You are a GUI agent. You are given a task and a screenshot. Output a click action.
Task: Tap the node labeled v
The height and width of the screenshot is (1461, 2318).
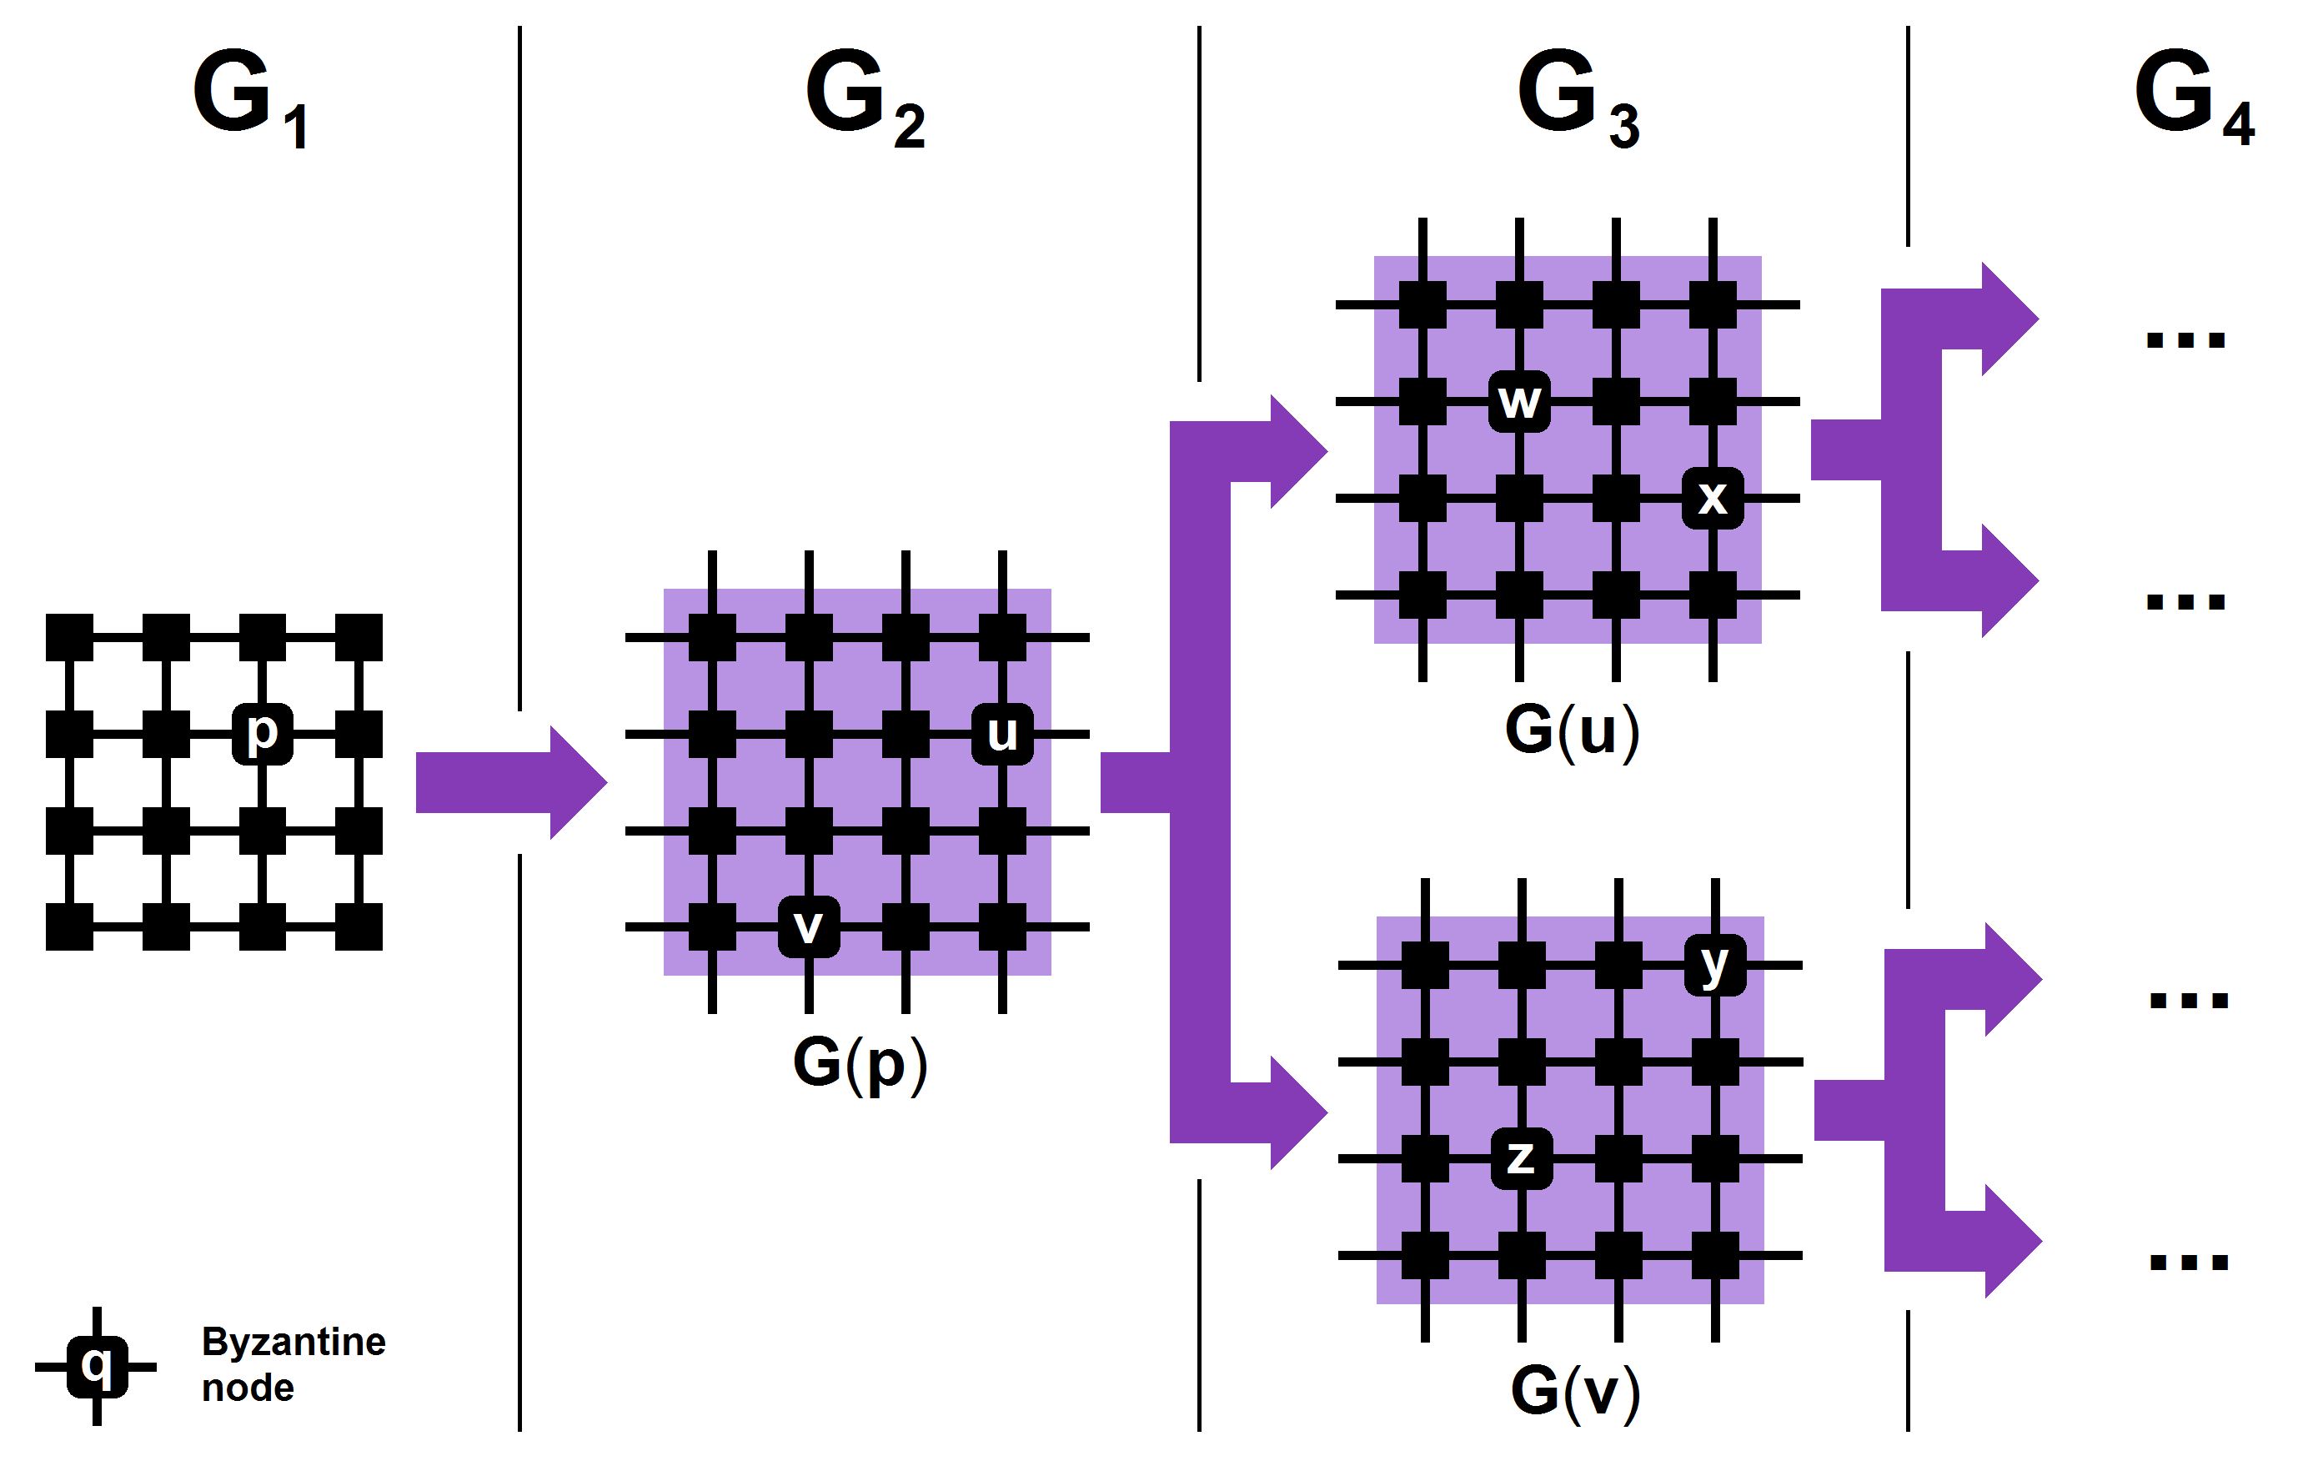click(x=809, y=926)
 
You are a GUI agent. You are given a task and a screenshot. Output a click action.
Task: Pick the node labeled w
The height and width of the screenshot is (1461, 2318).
click(x=1519, y=401)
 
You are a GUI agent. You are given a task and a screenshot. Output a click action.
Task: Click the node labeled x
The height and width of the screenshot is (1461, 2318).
click(x=1713, y=499)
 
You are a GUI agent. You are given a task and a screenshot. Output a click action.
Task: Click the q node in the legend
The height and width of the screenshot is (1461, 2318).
click(x=96, y=1366)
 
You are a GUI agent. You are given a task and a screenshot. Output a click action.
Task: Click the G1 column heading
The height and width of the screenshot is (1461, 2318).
click(x=250, y=96)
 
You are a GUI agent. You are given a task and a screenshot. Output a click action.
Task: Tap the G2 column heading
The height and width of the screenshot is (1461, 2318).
click(x=865, y=96)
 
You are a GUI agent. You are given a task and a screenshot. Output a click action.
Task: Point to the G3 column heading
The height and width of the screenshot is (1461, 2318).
click(x=1577, y=96)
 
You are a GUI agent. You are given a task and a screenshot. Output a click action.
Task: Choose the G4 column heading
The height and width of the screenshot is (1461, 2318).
click(x=2193, y=96)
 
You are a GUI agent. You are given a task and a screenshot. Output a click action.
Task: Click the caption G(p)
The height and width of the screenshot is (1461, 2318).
click(x=860, y=1063)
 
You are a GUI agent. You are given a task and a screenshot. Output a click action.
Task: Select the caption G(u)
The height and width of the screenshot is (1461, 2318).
click(x=1572, y=730)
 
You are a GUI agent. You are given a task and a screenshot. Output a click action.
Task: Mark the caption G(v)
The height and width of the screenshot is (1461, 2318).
click(x=1575, y=1391)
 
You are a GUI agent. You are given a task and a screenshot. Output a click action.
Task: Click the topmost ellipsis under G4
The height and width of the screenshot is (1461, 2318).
click(x=2185, y=339)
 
